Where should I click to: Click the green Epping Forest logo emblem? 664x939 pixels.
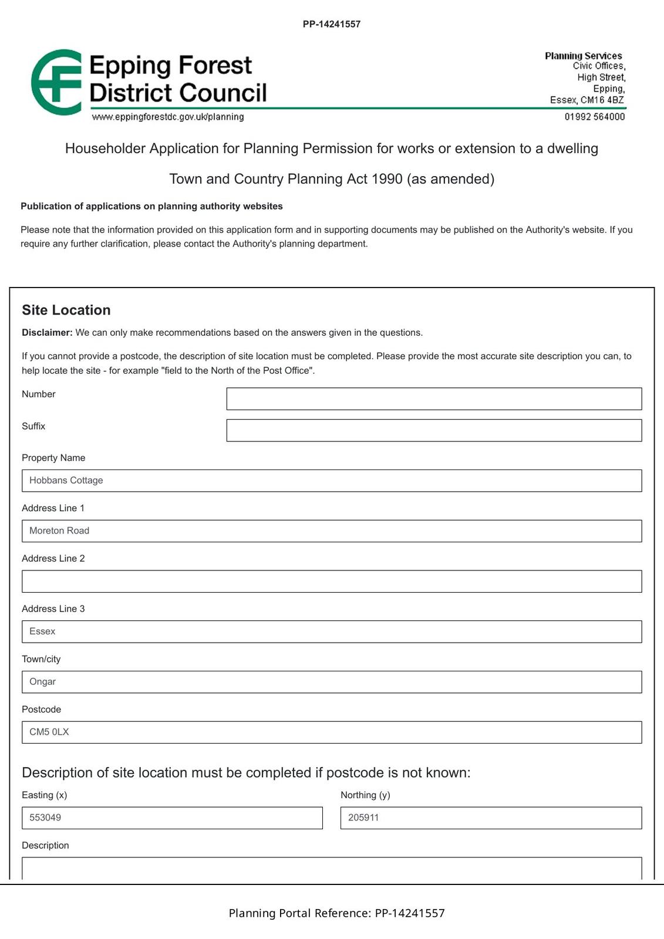coord(56,82)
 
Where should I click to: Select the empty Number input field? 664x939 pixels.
coord(434,398)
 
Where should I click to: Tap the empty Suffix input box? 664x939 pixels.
coord(434,430)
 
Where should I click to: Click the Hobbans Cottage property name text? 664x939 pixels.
coord(66,480)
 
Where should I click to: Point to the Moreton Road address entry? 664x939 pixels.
coord(59,531)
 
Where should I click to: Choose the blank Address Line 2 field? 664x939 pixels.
coord(332,581)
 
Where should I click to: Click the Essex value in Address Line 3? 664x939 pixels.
coord(42,631)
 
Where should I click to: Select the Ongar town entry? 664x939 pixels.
coord(43,681)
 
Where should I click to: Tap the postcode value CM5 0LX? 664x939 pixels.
coord(49,732)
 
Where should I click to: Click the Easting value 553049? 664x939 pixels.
coord(45,818)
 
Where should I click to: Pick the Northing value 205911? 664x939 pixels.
coord(363,818)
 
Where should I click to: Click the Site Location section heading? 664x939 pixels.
coord(66,310)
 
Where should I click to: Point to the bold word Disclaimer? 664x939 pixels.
coord(47,333)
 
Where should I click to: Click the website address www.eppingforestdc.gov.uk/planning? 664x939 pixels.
coord(168,117)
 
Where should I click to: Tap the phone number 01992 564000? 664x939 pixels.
coord(595,117)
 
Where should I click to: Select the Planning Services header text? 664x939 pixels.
coord(583,56)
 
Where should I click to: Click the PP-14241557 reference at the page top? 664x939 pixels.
coord(332,24)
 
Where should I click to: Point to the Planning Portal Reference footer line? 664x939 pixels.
coord(336,913)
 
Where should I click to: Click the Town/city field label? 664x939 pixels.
coord(41,659)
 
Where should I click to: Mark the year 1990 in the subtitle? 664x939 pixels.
coord(387,179)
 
